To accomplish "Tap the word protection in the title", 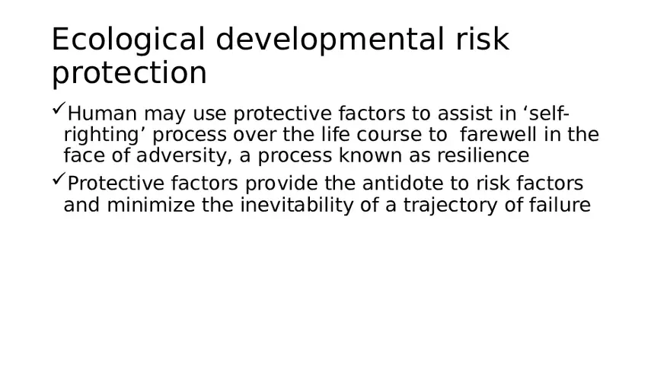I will [129, 74].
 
